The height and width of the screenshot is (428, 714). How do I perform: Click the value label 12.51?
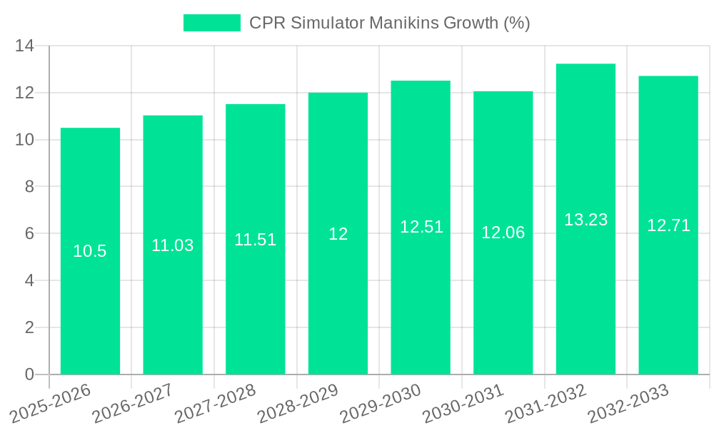(x=421, y=227)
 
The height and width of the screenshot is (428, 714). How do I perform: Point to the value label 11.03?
(x=172, y=245)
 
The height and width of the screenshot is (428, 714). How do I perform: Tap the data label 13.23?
(x=585, y=220)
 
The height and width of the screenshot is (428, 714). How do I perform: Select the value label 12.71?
(x=668, y=225)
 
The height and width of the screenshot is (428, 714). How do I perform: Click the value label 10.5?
(x=90, y=251)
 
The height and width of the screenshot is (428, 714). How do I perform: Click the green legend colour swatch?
(x=212, y=23)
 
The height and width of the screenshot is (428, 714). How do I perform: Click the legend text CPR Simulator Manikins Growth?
(x=389, y=23)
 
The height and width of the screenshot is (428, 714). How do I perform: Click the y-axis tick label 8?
(x=29, y=187)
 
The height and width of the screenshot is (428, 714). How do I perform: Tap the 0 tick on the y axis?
(x=29, y=374)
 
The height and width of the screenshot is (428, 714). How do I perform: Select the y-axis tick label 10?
(x=24, y=140)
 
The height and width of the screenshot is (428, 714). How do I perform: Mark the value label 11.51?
(x=255, y=240)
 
